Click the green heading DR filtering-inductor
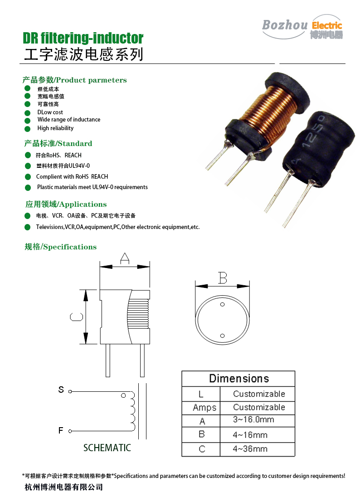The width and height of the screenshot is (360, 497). coord(83,38)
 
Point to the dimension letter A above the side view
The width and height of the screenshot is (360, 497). coord(124,259)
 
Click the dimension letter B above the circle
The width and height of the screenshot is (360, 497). coord(222,278)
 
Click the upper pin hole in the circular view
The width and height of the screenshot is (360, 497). coord(222,304)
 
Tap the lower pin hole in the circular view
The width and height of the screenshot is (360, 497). coord(222,336)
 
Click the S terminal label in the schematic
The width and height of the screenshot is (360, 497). coord(61,390)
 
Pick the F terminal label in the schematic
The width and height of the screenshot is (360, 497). coord(61,430)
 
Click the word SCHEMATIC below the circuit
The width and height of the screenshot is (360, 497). coord(107,448)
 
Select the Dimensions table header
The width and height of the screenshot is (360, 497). coord(238,379)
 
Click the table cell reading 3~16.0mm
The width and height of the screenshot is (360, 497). coord(253,420)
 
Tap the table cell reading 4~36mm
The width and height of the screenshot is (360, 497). coord(250,449)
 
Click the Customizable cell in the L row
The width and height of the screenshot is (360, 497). coord(259,394)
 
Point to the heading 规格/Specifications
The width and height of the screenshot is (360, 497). coord(60,247)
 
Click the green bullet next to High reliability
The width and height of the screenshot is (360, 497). coord(27,129)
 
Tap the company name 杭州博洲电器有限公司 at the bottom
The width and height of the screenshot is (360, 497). coord(63,487)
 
